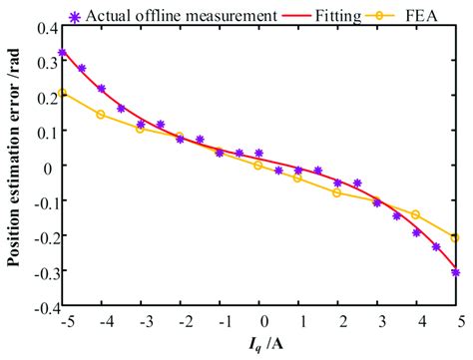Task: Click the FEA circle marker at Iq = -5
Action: (x=62, y=93)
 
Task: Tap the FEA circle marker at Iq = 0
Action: (x=258, y=166)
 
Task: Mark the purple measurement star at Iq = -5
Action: (x=62, y=53)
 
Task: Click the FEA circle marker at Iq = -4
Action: (x=101, y=114)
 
